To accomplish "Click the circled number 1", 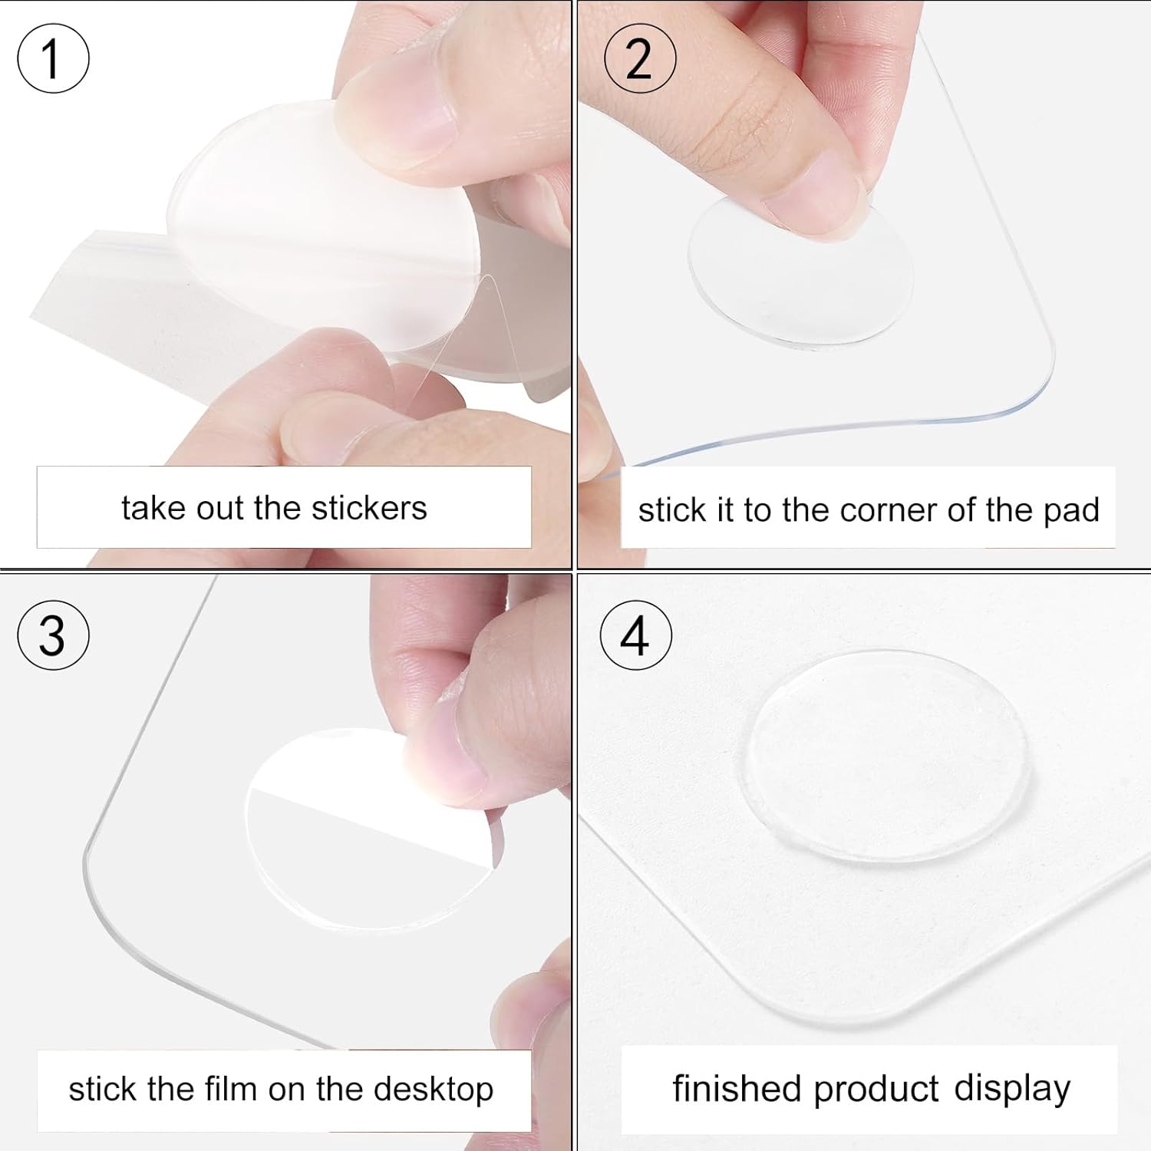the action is pyautogui.click(x=53, y=58).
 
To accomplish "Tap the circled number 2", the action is pyautogui.click(x=640, y=58).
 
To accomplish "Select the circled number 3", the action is pyautogui.click(x=53, y=635).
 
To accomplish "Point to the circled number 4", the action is pyautogui.click(x=635, y=635).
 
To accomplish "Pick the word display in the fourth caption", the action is pyautogui.click(x=1012, y=1090).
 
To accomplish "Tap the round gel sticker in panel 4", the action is pyautogui.click(x=886, y=757).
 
